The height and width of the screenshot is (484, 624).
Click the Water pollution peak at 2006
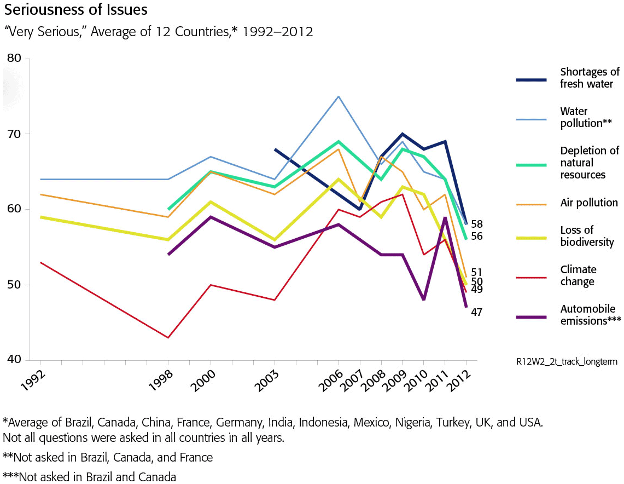(x=339, y=96)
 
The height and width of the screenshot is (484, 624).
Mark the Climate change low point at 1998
(x=168, y=338)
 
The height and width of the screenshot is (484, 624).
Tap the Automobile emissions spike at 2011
(x=445, y=217)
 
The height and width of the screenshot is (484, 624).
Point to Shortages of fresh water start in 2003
(x=275, y=149)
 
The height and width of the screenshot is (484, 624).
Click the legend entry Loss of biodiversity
(x=587, y=236)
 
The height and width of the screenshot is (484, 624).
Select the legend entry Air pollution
(x=589, y=203)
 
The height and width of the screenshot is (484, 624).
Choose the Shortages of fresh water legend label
(x=590, y=78)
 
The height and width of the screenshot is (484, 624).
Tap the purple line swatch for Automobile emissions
(x=531, y=316)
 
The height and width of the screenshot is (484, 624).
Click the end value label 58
(x=476, y=224)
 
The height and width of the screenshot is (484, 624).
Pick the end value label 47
(x=476, y=312)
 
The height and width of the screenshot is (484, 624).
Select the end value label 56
(x=476, y=236)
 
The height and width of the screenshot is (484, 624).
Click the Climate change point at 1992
(x=40, y=262)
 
